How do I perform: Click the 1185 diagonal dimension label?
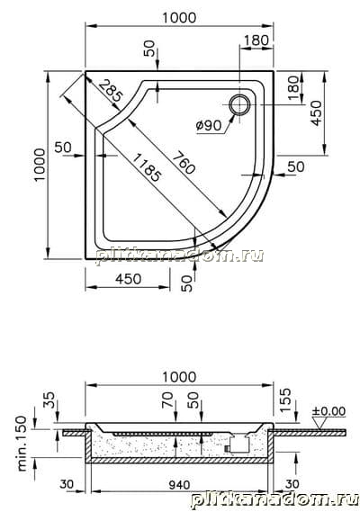pyautogui.click(x=147, y=167)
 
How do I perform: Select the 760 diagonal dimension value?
pyautogui.click(x=184, y=163)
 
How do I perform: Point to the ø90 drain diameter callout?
pyautogui.click(x=209, y=125)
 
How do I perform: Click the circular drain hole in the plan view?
pyautogui.click(x=239, y=104)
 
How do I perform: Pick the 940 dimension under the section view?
pyautogui.click(x=179, y=485)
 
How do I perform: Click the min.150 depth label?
pyautogui.click(x=22, y=443)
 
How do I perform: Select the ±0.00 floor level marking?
pyautogui.click(x=328, y=411)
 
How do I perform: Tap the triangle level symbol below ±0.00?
pyautogui.click(x=320, y=423)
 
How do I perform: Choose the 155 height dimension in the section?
pyautogui.click(x=285, y=400)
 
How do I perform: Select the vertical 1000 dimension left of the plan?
pyautogui.click(x=40, y=165)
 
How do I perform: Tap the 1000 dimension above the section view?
pyautogui.click(x=179, y=377)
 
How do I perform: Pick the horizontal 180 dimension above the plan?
pyautogui.click(x=256, y=40)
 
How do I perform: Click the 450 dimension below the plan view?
pyautogui.click(x=129, y=279)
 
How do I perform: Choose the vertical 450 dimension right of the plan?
pyautogui.click(x=316, y=113)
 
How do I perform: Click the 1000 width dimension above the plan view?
pyautogui.click(x=179, y=18)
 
